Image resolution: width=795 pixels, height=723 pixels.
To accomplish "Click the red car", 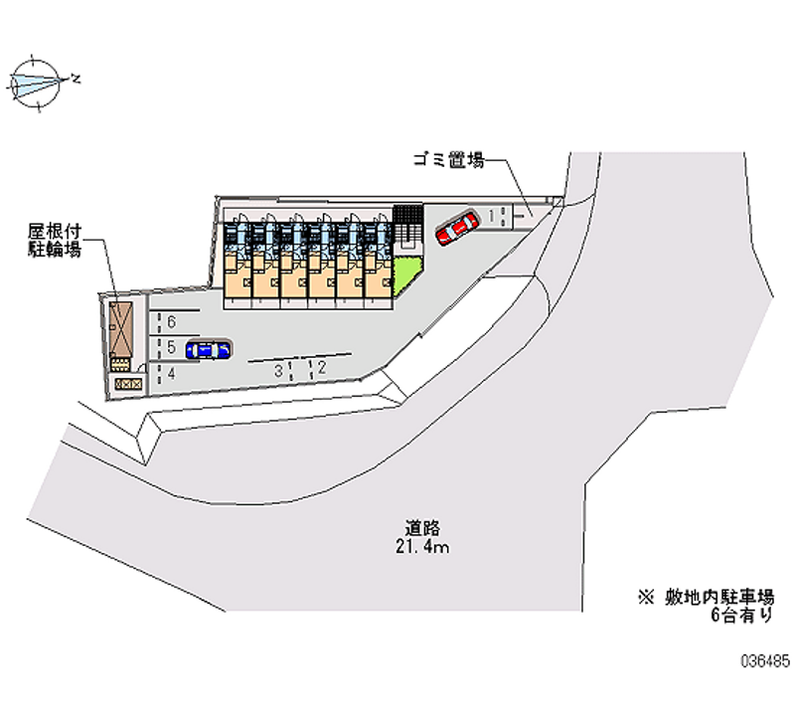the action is (x=457, y=228).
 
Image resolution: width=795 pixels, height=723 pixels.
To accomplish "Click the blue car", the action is (x=209, y=350).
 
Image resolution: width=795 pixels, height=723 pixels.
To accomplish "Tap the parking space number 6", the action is (x=171, y=321).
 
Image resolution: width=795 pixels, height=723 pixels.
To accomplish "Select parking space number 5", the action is (x=171, y=347).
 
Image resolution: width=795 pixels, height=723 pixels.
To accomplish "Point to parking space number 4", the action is (x=171, y=373).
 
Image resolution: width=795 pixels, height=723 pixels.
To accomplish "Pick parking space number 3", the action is (x=278, y=371).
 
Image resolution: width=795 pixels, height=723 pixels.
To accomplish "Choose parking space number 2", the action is (x=321, y=367).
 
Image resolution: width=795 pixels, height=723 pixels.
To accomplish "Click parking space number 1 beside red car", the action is (x=491, y=216).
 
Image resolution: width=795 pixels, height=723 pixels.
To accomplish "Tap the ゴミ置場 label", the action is (x=449, y=160).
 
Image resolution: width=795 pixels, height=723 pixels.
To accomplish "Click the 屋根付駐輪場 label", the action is (x=55, y=241).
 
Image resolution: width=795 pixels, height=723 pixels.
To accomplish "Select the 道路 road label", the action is (x=422, y=528).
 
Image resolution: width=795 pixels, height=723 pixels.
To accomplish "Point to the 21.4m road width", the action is (x=422, y=546).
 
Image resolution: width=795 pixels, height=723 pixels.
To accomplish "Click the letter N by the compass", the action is (x=76, y=79).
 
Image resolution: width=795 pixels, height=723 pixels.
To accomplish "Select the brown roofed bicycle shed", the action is (x=120, y=330).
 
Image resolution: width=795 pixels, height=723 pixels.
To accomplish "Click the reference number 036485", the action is (x=765, y=661).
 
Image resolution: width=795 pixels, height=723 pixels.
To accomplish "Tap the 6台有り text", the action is (x=741, y=615).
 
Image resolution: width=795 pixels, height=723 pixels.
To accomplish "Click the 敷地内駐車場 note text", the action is (x=718, y=597).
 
